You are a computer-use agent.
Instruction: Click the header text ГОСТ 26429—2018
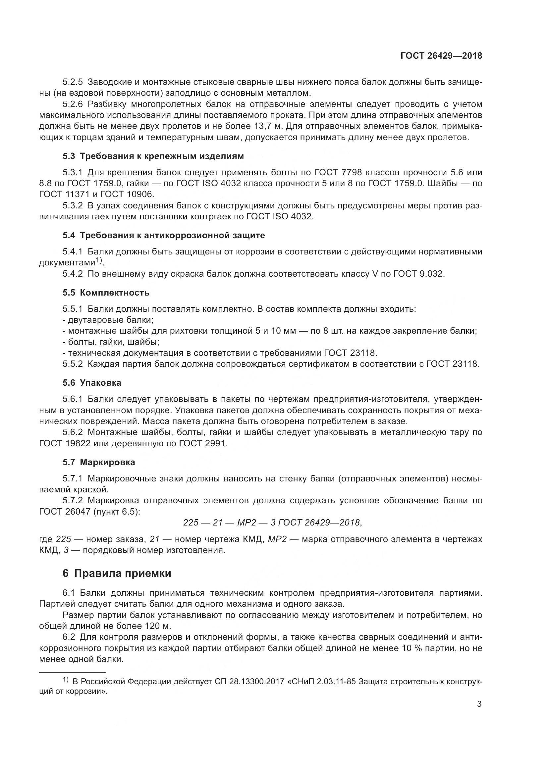tap(441, 56)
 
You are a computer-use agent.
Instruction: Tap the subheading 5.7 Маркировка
tap(98, 463)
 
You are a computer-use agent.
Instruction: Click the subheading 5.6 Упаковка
tap(92, 383)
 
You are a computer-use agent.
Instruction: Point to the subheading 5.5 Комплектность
tap(106, 293)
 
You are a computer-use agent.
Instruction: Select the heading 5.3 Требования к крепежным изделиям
tap(153, 156)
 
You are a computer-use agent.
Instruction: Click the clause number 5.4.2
tap(73, 274)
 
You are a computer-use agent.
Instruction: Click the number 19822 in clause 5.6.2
tap(78, 444)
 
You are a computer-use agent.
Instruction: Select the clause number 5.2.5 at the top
tap(73, 82)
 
